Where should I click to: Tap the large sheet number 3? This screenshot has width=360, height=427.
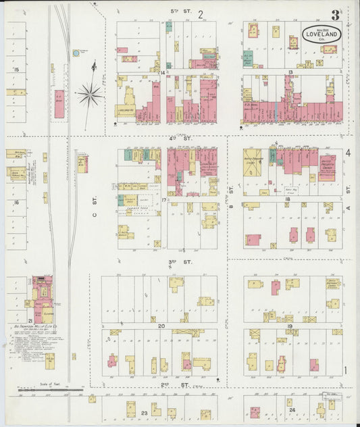click(336, 15)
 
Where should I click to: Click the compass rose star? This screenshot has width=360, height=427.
click(90, 94)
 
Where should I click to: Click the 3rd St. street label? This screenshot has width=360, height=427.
click(177, 261)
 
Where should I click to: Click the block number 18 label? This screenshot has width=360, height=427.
click(288, 199)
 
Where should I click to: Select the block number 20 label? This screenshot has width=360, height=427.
click(161, 326)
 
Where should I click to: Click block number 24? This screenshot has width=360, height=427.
click(292, 410)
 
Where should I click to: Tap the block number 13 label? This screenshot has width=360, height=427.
click(289, 72)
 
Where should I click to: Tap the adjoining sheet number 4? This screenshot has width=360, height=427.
click(349, 153)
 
